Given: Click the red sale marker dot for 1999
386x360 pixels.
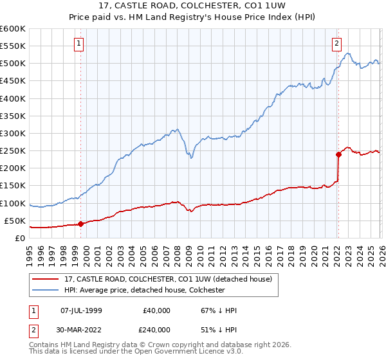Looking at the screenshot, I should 80,224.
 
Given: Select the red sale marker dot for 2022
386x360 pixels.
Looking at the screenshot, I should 338,154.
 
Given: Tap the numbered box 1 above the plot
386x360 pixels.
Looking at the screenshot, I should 78,44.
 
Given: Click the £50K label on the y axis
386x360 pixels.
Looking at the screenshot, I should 15,221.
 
